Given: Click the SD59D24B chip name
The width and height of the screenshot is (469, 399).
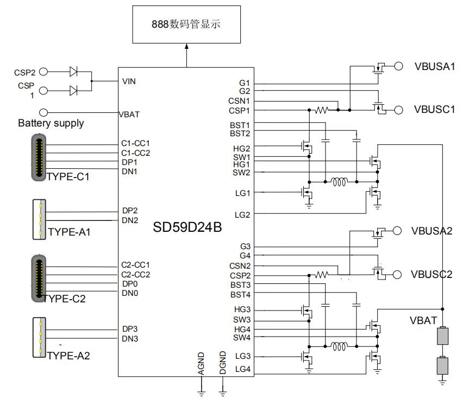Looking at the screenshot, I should click(187, 227).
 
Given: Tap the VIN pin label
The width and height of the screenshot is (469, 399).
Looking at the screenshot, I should click(129, 81).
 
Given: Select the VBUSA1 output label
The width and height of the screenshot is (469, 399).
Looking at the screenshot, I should click(434, 66).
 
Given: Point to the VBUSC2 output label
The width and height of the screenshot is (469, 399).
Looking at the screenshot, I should click(432, 274).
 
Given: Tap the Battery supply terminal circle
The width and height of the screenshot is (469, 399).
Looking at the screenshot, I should click(44, 112).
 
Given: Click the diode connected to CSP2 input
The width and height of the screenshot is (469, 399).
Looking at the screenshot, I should click(73, 71).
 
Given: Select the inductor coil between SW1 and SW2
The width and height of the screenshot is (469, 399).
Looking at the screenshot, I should click(339, 181).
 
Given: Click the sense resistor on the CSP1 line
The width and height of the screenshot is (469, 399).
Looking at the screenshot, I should click(322, 110).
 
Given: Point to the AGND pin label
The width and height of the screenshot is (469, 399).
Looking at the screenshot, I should click(201, 364).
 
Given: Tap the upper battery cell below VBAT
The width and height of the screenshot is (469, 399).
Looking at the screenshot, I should click(442, 336).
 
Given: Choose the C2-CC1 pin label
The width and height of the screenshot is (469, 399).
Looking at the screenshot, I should click(135, 265).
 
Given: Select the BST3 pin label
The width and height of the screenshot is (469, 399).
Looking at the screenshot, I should click(240, 284).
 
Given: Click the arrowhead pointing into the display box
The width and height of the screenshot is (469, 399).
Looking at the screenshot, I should click(186, 48).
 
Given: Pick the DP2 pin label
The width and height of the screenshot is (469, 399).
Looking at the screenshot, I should click(130, 211).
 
